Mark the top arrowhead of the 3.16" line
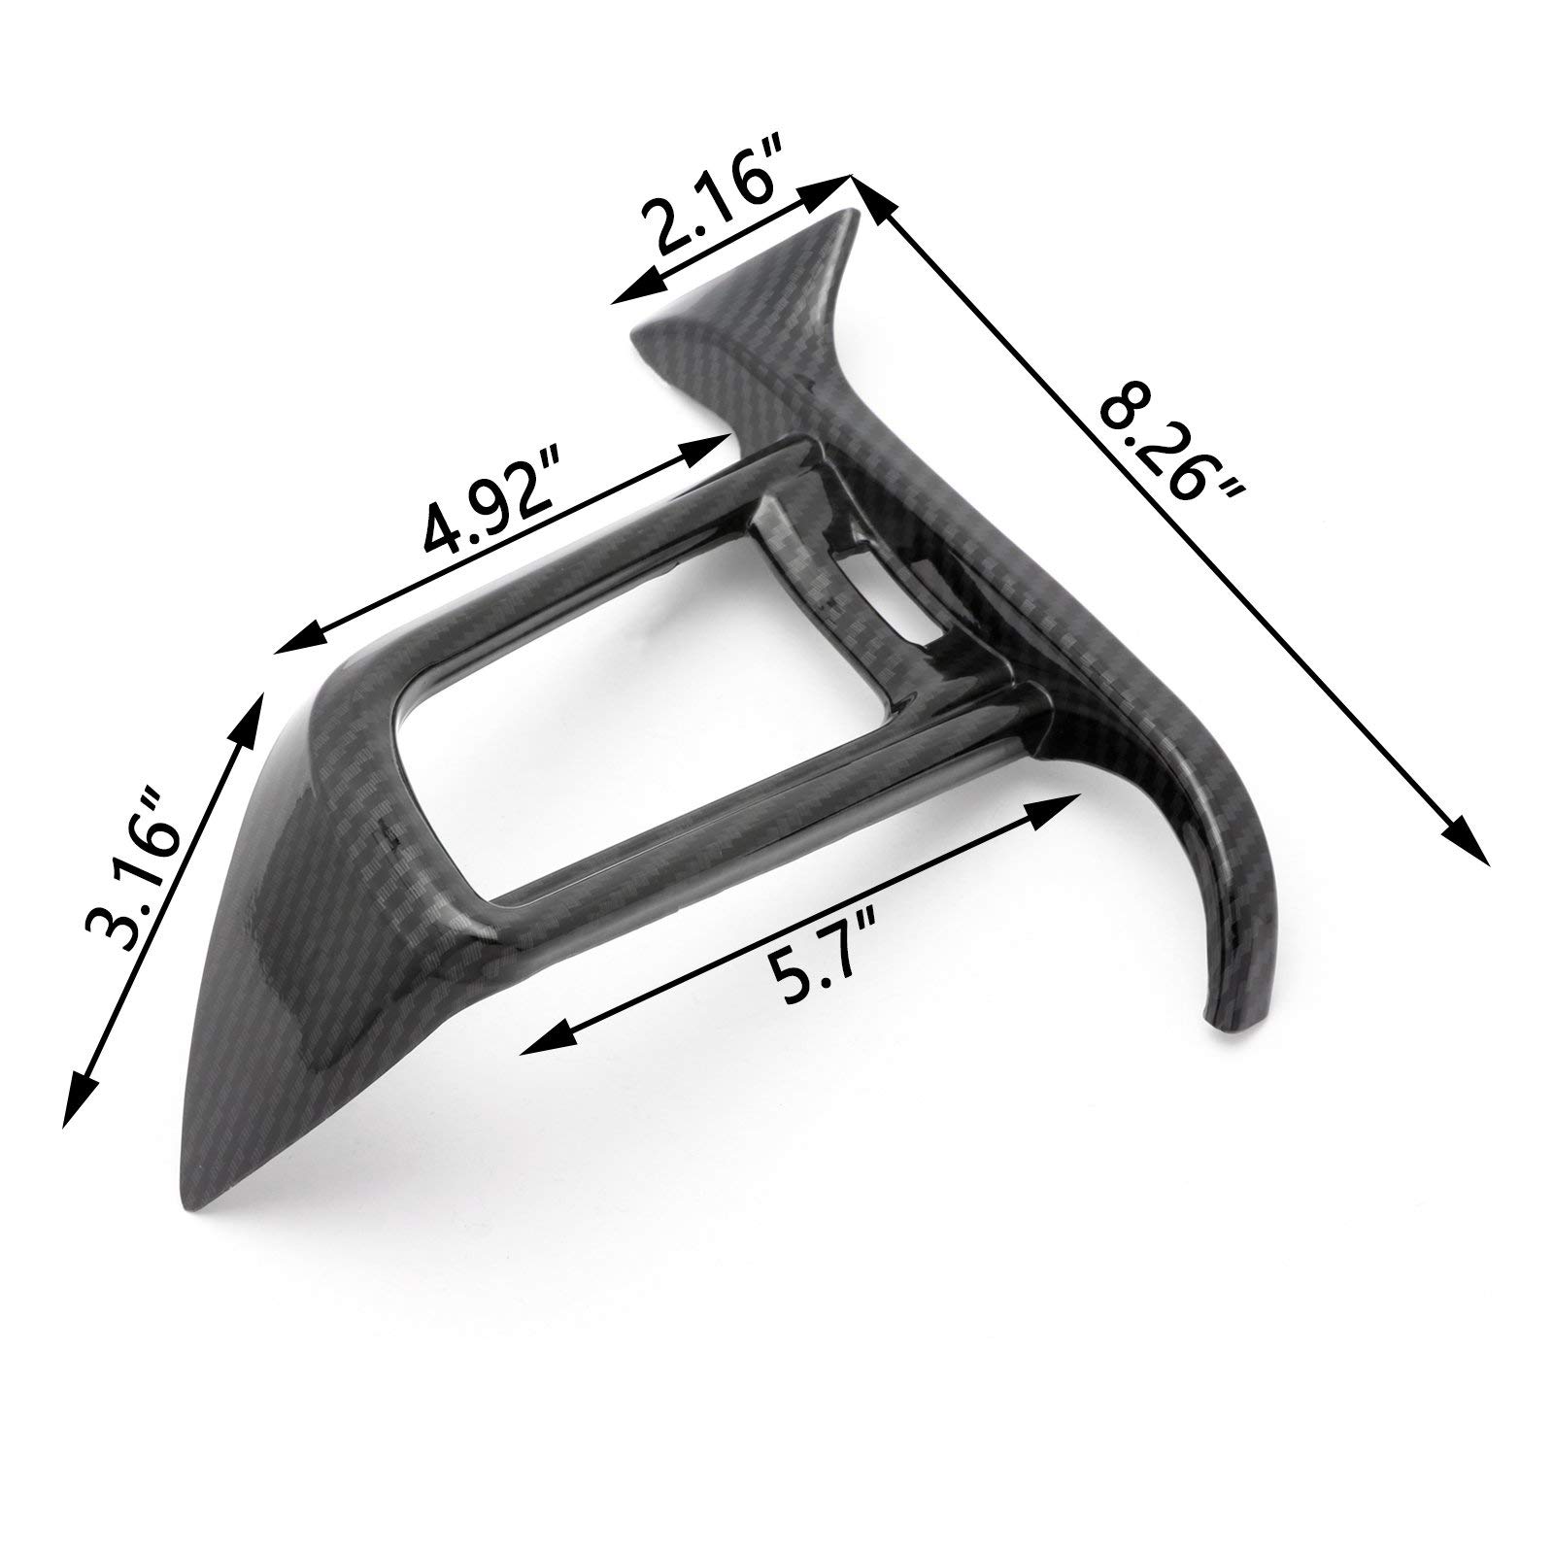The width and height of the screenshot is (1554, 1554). (250, 714)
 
